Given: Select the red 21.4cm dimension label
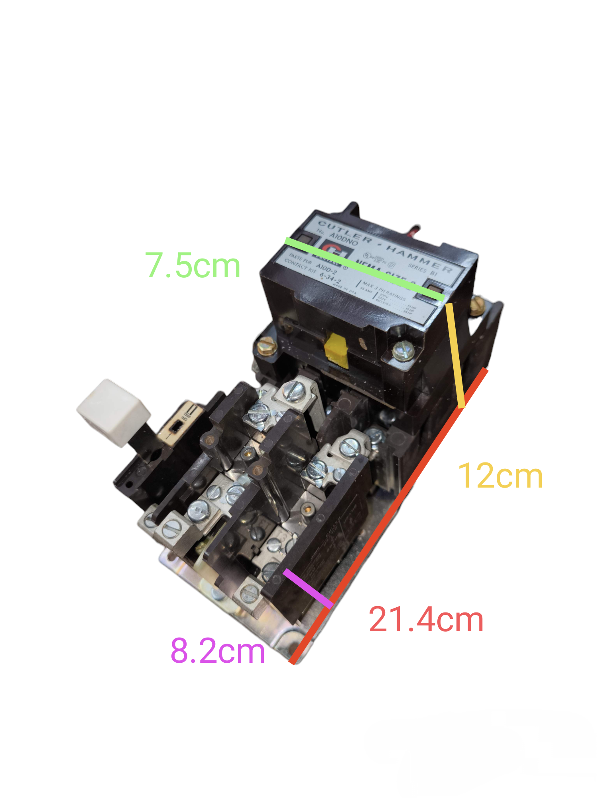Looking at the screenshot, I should [426, 620].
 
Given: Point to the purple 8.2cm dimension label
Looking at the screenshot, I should [218, 651].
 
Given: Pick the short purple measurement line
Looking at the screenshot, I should [307, 589].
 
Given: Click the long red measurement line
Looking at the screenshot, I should [389, 517].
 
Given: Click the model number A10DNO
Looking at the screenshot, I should [344, 239].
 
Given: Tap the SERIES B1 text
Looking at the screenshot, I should [423, 270].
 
